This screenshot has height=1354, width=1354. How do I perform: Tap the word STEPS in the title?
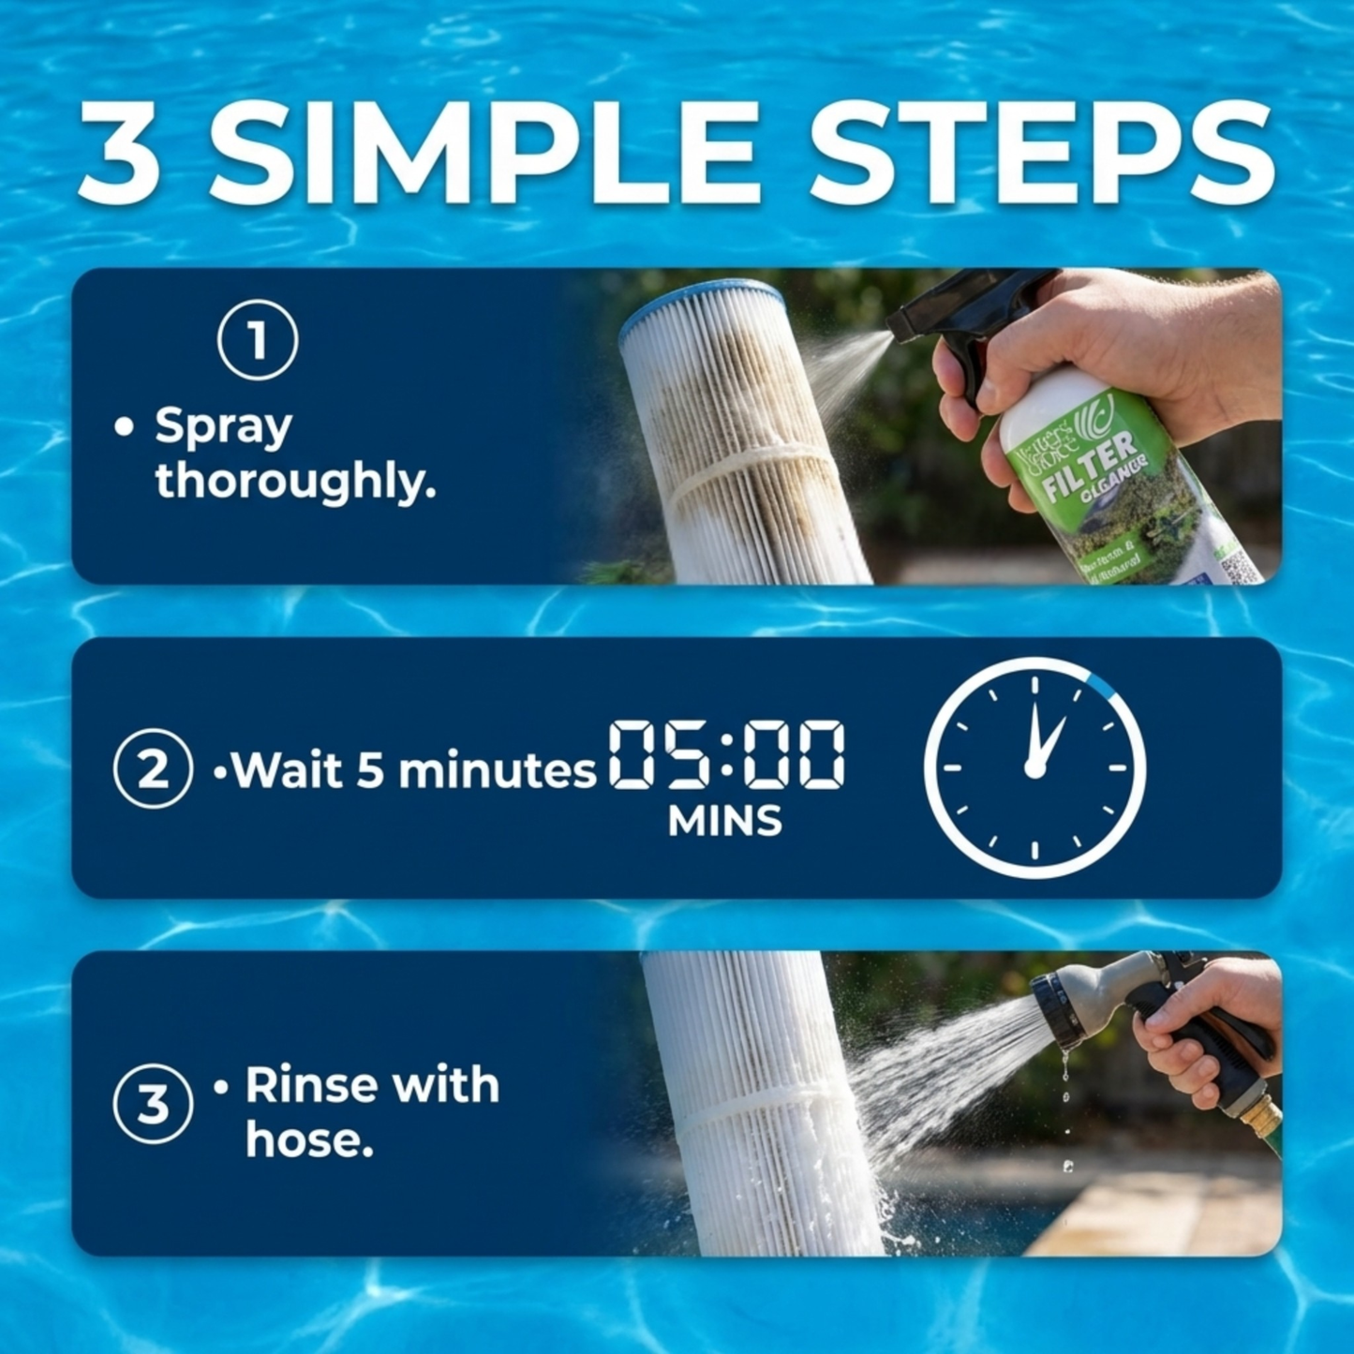click(x=1041, y=152)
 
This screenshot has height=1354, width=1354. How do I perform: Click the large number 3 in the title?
click(x=119, y=154)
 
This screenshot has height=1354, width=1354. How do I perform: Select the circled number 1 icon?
click(x=258, y=340)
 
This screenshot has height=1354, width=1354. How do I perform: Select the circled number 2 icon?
click(x=153, y=768)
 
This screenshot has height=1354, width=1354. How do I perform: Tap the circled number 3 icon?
click(x=153, y=1103)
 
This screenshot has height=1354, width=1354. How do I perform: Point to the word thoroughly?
click(x=294, y=482)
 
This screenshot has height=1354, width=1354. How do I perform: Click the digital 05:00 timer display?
click(x=726, y=754)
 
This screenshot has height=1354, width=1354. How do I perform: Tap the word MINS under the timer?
click(x=724, y=822)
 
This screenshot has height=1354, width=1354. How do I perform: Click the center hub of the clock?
click(x=1034, y=768)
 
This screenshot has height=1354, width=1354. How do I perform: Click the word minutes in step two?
click(x=497, y=771)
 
